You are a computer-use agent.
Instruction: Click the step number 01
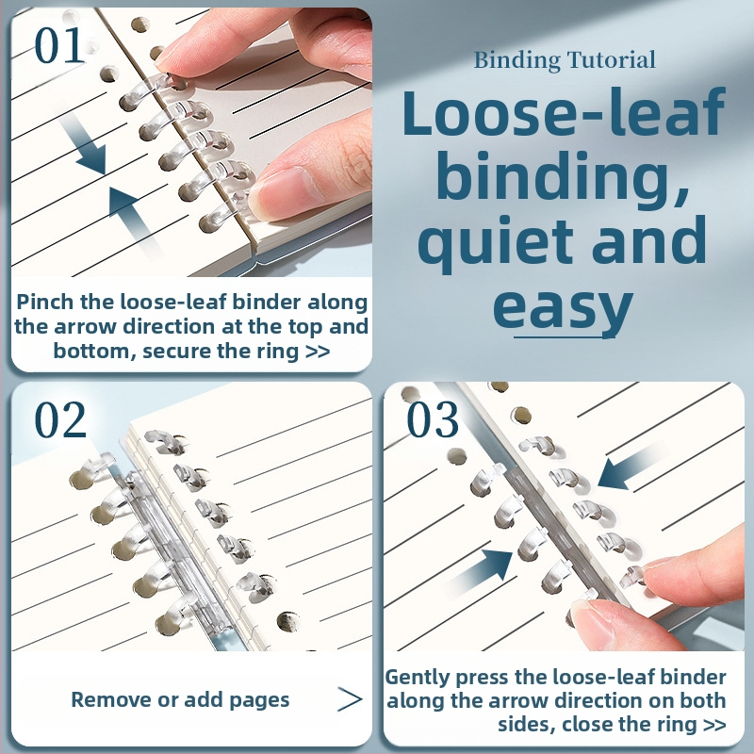[59, 45]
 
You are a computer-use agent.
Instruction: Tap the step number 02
[60, 419]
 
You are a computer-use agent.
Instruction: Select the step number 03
[433, 419]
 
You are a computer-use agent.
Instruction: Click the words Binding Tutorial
[565, 60]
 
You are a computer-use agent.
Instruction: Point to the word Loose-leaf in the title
[563, 114]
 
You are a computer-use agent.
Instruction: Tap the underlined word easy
[563, 307]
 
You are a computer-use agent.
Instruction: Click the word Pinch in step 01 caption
[45, 303]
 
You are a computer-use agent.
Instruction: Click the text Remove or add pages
[180, 699]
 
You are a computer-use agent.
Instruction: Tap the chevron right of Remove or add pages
[350, 699]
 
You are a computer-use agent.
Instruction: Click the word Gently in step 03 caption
[418, 677]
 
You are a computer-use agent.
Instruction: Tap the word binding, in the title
[563, 178]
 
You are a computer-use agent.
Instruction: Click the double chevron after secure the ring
[318, 352]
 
